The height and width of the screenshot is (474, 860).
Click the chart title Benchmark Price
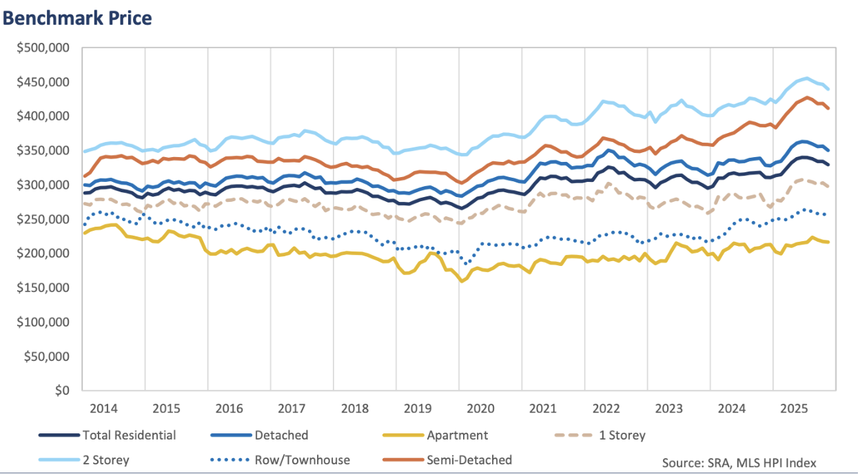pyautogui.click(x=76, y=19)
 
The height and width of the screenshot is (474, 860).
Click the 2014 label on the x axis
pyautogui.click(x=103, y=408)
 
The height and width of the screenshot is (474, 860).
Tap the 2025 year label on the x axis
pyautogui.click(x=795, y=408)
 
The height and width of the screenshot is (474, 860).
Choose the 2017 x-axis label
pyautogui.click(x=292, y=408)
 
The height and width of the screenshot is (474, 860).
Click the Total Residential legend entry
pyautogui.click(x=129, y=435)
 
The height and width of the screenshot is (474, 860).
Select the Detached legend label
pyautogui.click(x=281, y=435)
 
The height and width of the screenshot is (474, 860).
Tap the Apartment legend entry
pyautogui.click(x=457, y=435)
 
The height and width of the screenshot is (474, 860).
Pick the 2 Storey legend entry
pyautogui.click(x=105, y=460)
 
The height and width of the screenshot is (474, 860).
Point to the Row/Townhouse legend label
pyautogui.click(x=302, y=460)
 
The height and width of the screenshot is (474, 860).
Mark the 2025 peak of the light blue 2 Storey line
pyautogui.click(x=806, y=79)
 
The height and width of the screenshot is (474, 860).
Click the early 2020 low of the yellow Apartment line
pyautogui.click(x=462, y=281)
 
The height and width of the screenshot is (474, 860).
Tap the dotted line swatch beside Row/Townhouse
pyautogui.click(x=231, y=460)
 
